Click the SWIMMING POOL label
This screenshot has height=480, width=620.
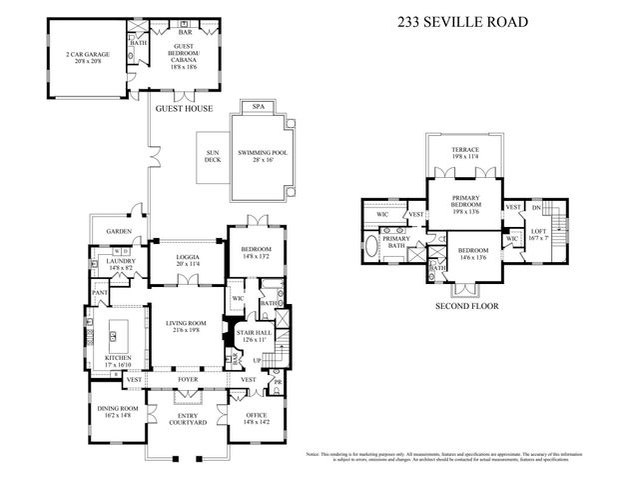262,152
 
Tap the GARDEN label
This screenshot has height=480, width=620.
119,231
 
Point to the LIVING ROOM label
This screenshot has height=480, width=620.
187,323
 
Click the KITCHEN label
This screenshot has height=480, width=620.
119,357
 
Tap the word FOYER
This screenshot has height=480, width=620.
187,380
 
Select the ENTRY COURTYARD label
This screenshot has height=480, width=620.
187,419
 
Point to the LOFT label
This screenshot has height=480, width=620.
538,230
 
